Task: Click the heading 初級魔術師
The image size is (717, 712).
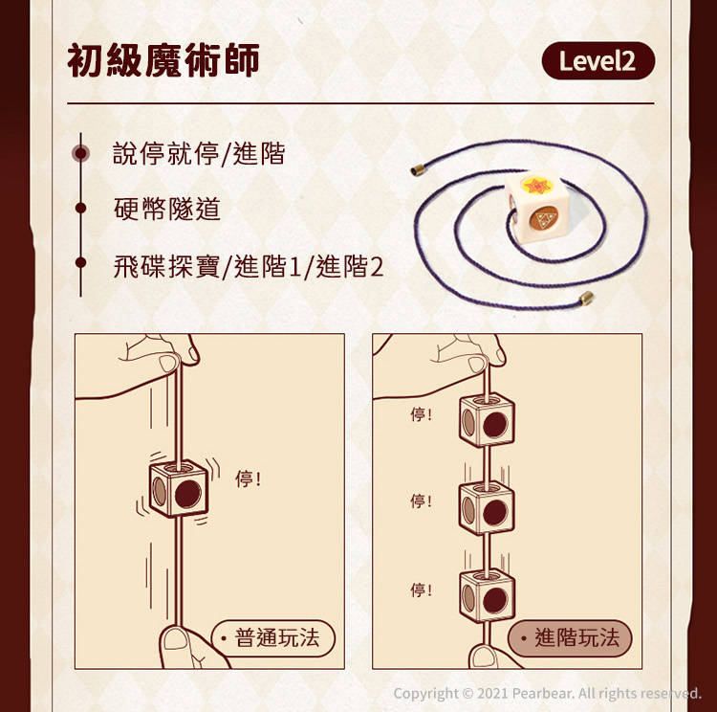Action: (163, 60)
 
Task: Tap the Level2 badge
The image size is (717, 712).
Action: (598, 61)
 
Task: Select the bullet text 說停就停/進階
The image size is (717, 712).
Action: (199, 153)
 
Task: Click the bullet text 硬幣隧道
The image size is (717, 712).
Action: (167, 209)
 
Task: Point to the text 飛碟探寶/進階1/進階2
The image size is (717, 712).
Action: (249, 266)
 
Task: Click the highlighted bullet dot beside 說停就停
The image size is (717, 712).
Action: (81, 153)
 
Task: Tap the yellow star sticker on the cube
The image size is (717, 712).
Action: (537, 186)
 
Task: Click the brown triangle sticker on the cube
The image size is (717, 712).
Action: (544, 219)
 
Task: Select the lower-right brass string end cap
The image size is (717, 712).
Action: (586, 299)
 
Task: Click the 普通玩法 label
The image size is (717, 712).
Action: (273, 638)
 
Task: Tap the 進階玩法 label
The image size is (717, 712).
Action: (570, 638)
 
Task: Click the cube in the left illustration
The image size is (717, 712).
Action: (179, 489)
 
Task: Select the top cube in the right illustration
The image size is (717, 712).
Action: (487, 420)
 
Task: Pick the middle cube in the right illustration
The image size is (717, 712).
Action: (487, 507)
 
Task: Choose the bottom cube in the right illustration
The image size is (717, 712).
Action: (487, 595)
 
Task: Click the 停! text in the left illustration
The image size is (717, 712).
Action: (248, 478)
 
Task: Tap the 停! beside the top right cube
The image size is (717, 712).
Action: (422, 414)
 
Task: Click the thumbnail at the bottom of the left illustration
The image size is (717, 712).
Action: (176, 638)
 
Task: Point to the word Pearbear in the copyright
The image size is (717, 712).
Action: (542, 693)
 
